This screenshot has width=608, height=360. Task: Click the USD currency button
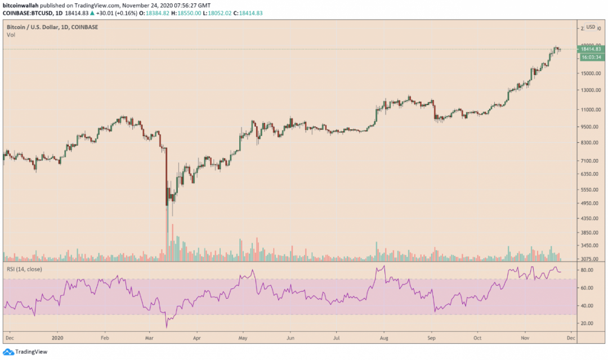(x=591, y=27)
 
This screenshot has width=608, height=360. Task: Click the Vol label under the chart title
(x=11, y=35)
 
